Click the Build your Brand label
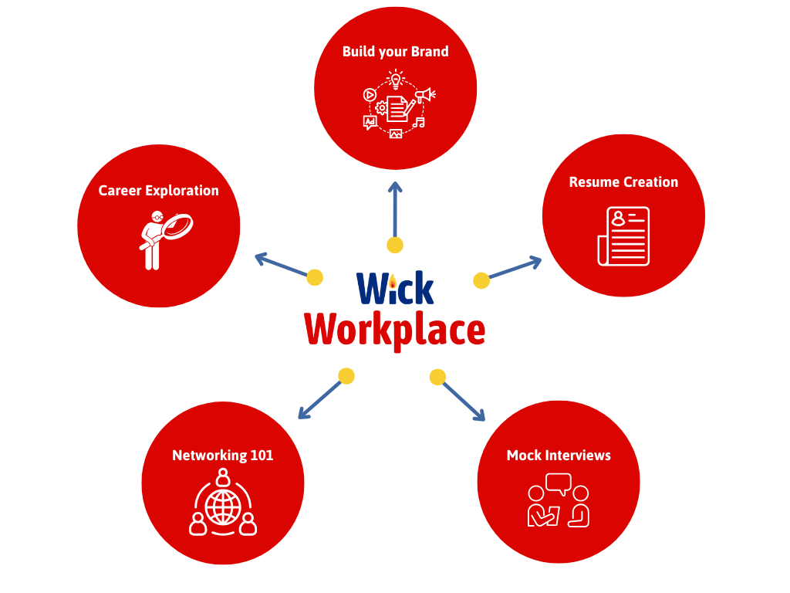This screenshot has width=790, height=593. click(x=395, y=52)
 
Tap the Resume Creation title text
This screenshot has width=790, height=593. click(x=623, y=182)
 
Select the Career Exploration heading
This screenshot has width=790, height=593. click(x=158, y=191)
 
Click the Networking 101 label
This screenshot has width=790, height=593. click(x=222, y=456)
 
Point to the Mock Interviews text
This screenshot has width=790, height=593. click(x=559, y=456)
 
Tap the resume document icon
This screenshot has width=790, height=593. click(x=624, y=236)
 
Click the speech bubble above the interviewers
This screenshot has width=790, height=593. click(x=558, y=484)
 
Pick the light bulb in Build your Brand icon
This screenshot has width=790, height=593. click(x=396, y=79)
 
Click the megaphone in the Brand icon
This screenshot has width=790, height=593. click(x=424, y=95)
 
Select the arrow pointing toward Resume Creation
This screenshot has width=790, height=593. click(x=515, y=268)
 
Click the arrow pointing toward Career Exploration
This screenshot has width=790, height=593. click(x=280, y=264)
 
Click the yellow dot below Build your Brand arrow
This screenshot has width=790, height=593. click(x=395, y=246)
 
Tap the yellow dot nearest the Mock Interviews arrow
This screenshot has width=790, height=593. click(x=437, y=377)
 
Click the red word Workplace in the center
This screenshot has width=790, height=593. click(x=395, y=331)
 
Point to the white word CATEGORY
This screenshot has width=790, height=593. click(x=395, y=310)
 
